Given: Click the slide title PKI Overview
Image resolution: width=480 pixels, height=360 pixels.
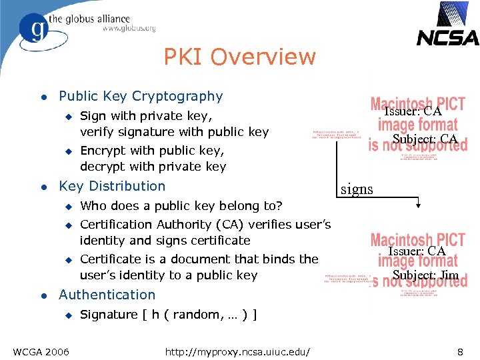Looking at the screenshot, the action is [x=239, y=57].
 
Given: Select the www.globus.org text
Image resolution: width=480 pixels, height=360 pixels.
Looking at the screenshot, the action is [x=129, y=29].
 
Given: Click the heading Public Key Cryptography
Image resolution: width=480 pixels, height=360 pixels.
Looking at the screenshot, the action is [x=141, y=97].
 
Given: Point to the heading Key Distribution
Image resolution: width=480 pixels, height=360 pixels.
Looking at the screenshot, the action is [x=112, y=186].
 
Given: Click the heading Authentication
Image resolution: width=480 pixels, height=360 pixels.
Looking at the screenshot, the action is [x=107, y=295].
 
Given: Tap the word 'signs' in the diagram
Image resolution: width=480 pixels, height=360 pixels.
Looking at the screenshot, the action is [x=357, y=189].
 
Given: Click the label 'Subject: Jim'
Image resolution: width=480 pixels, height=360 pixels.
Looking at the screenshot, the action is [x=425, y=275].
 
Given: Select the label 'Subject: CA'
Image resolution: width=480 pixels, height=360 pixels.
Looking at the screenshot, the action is [x=425, y=139].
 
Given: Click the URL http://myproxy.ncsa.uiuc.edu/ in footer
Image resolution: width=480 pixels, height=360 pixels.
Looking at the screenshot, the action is [x=241, y=351].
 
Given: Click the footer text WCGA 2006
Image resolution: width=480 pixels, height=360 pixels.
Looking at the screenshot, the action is [x=40, y=351].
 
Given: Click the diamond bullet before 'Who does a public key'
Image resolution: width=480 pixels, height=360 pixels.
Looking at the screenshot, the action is [x=67, y=206].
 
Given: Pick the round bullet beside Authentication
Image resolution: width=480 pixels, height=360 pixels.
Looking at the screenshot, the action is [x=43, y=295].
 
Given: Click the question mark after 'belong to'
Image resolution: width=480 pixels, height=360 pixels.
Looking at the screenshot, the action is [x=279, y=206].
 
